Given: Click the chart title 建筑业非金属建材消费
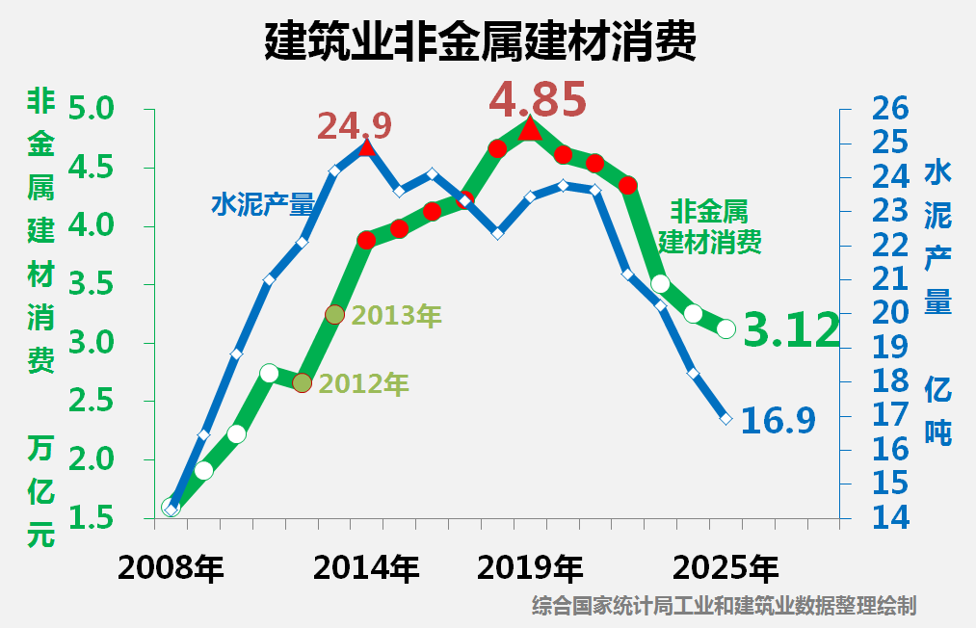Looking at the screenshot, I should pyautogui.click(x=479, y=42).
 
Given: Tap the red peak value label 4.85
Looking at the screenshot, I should pyautogui.click(x=538, y=98).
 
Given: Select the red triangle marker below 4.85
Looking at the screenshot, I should pyautogui.click(x=530, y=127).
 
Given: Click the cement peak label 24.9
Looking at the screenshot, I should pyautogui.click(x=355, y=125).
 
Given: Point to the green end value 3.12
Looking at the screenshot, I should pyautogui.click(x=792, y=331).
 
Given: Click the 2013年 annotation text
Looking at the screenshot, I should pyautogui.click(x=396, y=315).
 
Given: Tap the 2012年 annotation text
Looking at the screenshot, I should pyautogui.click(x=363, y=384).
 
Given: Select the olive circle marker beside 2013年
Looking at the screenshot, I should pyautogui.click(x=334, y=314).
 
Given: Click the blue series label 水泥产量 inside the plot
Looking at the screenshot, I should pyautogui.click(x=263, y=204).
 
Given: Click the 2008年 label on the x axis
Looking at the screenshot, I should pyautogui.click(x=171, y=568).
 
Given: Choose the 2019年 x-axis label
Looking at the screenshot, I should pyautogui.click(x=530, y=568).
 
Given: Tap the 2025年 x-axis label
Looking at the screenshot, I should pyautogui.click(x=725, y=568).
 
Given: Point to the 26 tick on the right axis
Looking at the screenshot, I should pyautogui.click(x=889, y=108).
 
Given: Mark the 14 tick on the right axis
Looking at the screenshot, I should pyautogui.click(x=889, y=517).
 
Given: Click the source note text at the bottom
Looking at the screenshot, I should pyautogui.click(x=724, y=607).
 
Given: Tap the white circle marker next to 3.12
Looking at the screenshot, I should pyautogui.click(x=726, y=329).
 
